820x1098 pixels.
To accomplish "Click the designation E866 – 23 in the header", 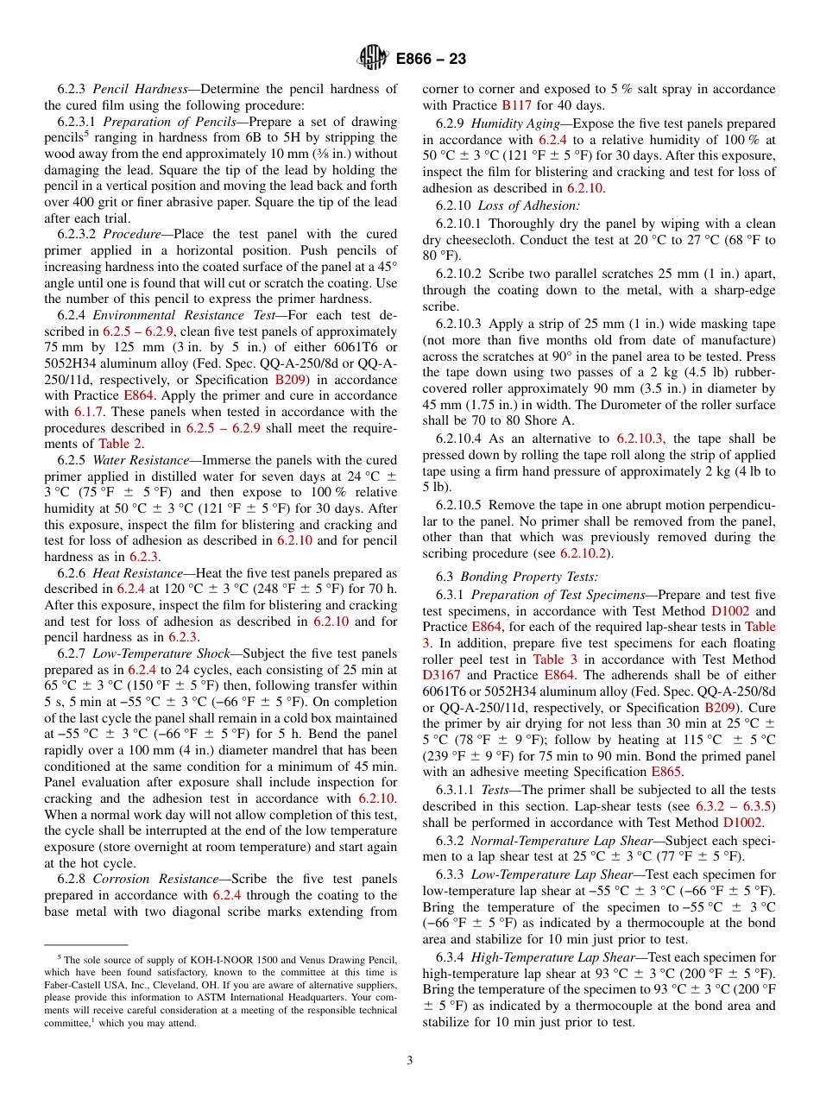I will tap(431, 59).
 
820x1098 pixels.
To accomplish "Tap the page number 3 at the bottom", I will tap(410, 1061).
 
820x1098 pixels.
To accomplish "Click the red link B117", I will tap(516, 105).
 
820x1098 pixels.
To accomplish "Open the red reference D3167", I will tap(443, 675).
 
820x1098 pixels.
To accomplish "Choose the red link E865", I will tap(665, 772).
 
